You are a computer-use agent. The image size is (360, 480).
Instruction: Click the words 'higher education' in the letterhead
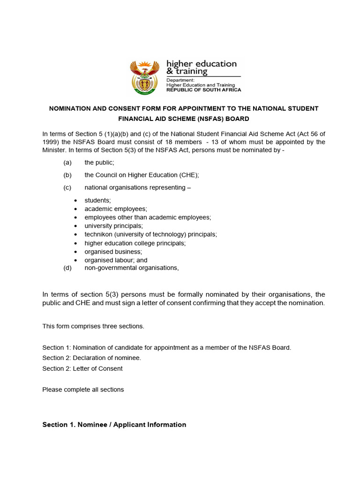(x=202, y=64)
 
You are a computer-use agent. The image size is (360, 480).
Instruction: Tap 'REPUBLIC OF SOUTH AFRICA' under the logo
(x=204, y=90)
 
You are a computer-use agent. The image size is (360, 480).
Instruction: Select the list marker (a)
(x=67, y=163)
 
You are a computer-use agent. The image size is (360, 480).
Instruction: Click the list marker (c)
(x=67, y=187)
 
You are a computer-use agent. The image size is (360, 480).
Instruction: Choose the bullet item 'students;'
(x=97, y=200)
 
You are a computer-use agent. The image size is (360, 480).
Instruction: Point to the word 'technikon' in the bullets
(x=98, y=234)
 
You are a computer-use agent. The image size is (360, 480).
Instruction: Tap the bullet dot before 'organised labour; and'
(x=75, y=261)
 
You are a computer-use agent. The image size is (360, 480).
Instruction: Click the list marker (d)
(x=67, y=268)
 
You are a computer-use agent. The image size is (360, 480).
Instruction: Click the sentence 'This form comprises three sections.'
(x=93, y=326)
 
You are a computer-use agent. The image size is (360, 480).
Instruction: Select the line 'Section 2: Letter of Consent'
(x=82, y=368)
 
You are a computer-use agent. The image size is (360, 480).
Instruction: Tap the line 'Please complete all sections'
(x=83, y=390)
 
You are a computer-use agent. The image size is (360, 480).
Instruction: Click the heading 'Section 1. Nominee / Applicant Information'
(x=114, y=425)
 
